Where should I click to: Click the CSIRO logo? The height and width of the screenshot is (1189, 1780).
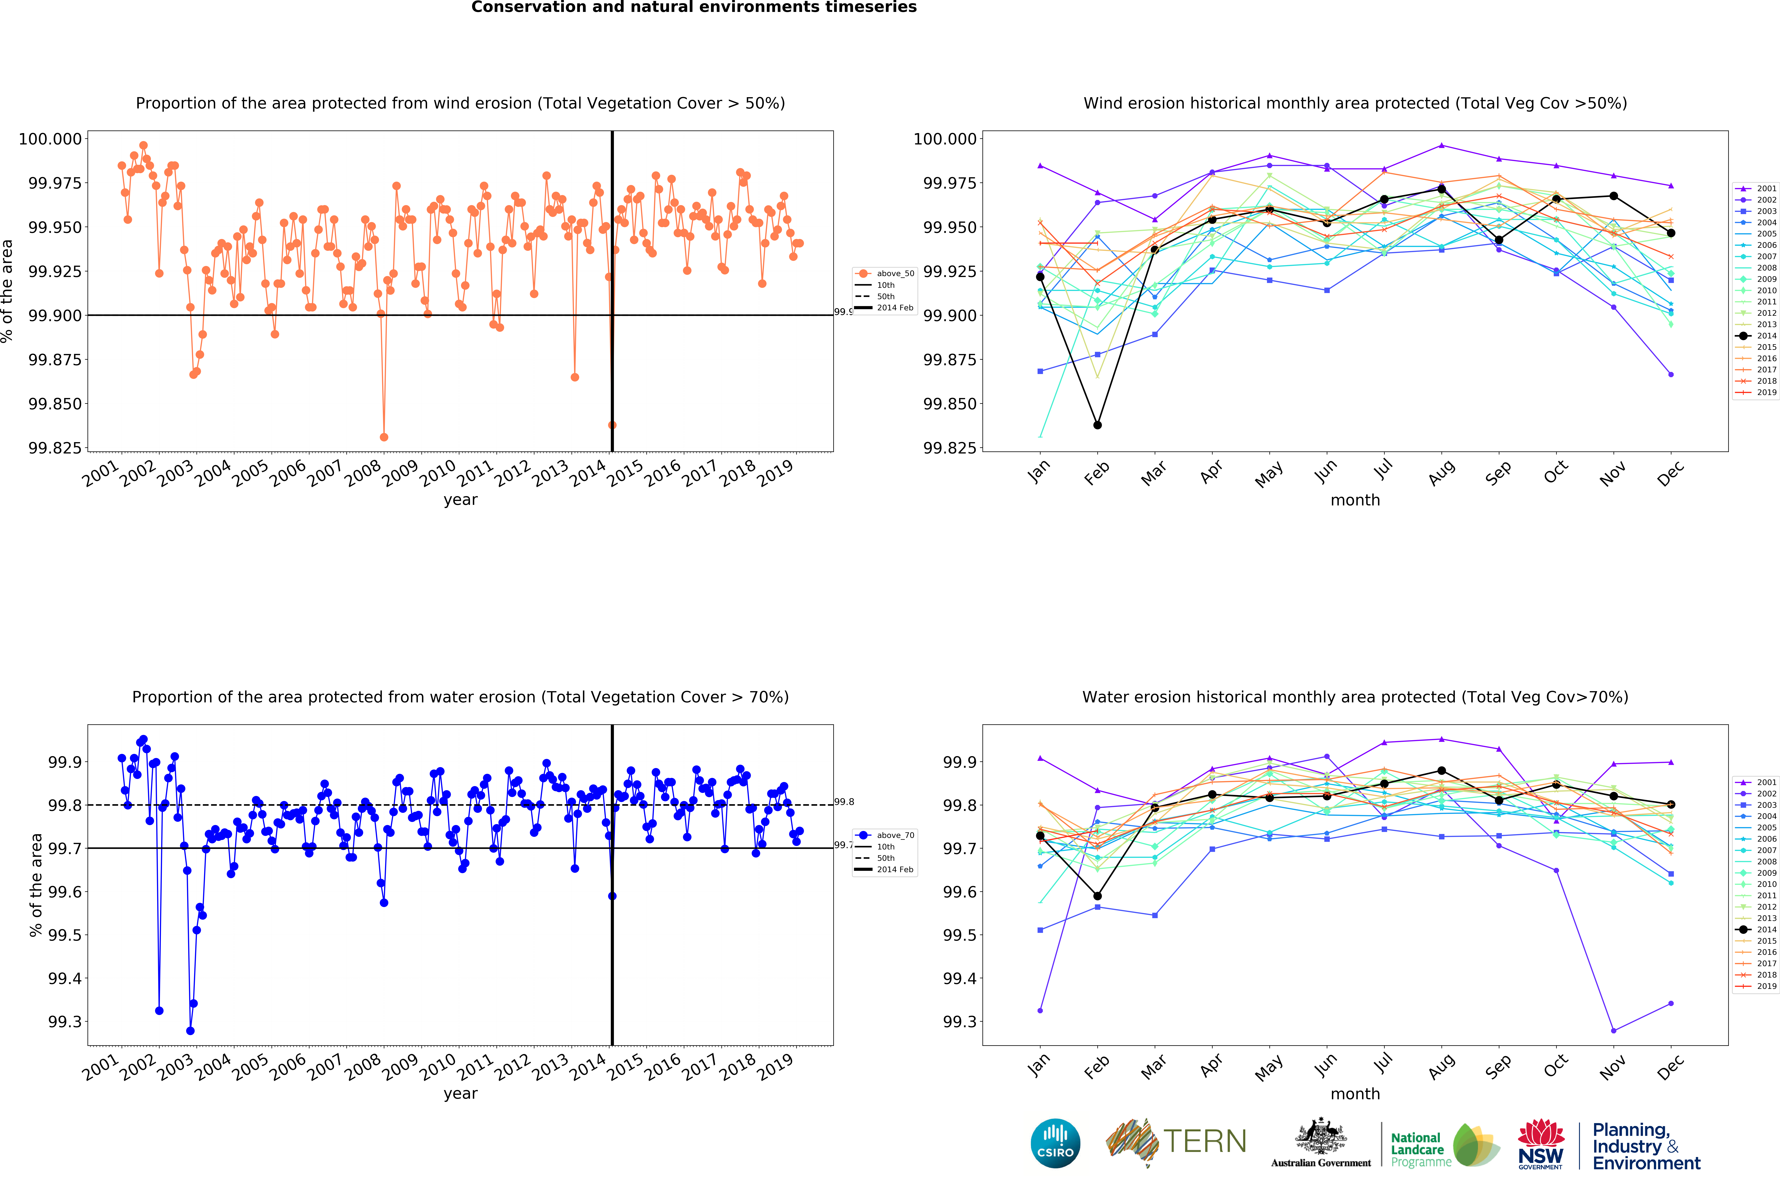pos(1055,1143)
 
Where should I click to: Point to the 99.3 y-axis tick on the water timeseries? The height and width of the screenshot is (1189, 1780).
pos(64,1021)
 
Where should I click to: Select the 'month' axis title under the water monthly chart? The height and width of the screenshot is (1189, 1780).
pos(1355,1094)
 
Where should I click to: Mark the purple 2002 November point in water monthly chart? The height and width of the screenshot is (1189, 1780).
pos(1613,1031)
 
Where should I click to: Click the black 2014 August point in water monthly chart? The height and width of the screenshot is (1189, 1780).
pos(1441,771)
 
